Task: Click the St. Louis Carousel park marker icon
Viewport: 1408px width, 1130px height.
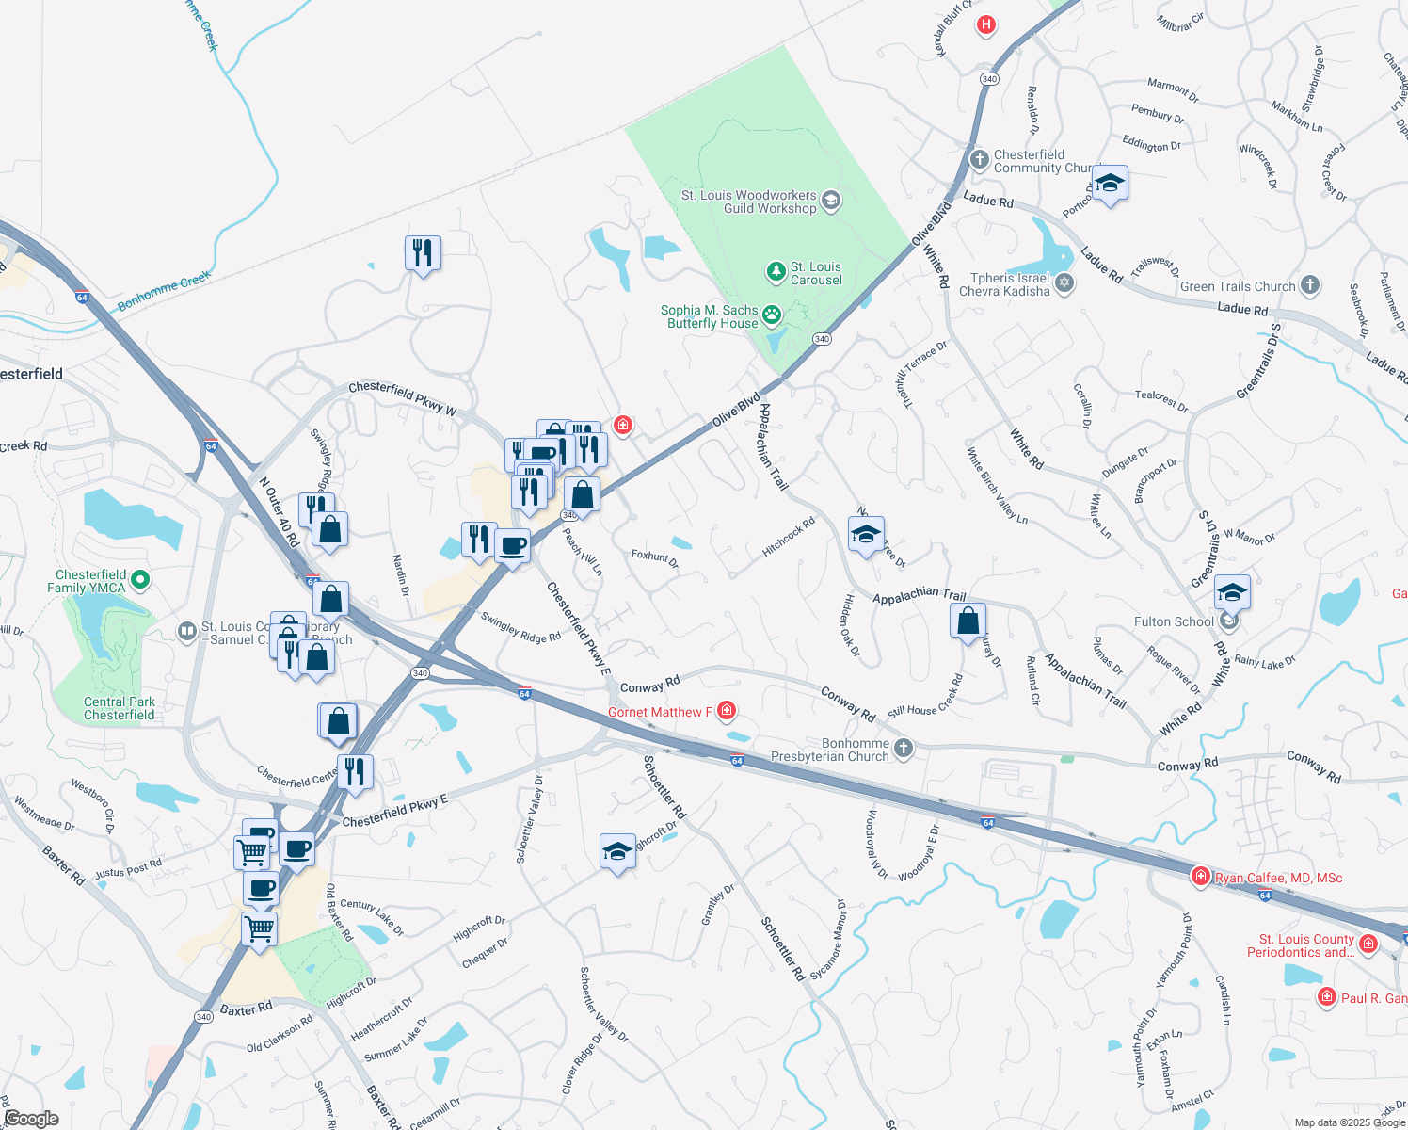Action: [x=776, y=273]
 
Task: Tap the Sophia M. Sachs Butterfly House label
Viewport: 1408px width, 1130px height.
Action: [x=712, y=316]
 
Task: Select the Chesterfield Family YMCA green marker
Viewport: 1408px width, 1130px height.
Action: [x=140, y=580]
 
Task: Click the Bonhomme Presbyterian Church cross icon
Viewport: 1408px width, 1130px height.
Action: [x=904, y=749]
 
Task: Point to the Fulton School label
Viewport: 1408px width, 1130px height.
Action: [x=1174, y=621]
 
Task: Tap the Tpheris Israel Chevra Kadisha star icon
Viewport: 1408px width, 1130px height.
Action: [x=1064, y=283]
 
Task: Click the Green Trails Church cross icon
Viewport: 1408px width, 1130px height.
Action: [x=1310, y=285]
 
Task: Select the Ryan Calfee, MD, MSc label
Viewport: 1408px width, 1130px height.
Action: [x=1278, y=878]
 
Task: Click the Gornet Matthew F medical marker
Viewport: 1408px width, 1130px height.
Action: [x=727, y=711]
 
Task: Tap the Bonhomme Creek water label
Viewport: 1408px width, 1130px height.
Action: [x=164, y=292]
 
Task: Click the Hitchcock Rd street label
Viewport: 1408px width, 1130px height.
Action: [x=789, y=537]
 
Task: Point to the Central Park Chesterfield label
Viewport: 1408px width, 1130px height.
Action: [x=120, y=708]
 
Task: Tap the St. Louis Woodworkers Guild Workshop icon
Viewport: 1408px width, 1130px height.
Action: [x=831, y=201]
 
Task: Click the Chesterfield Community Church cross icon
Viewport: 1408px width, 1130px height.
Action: [x=980, y=160]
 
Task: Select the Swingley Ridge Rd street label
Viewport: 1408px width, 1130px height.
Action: [x=520, y=628]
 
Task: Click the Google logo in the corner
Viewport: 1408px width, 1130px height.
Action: [x=31, y=1119]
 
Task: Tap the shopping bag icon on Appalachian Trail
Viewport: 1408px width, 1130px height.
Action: [x=968, y=621]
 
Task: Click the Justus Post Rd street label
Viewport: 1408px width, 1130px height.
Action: [x=128, y=868]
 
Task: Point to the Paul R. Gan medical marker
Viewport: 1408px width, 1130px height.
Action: [x=1327, y=996]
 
